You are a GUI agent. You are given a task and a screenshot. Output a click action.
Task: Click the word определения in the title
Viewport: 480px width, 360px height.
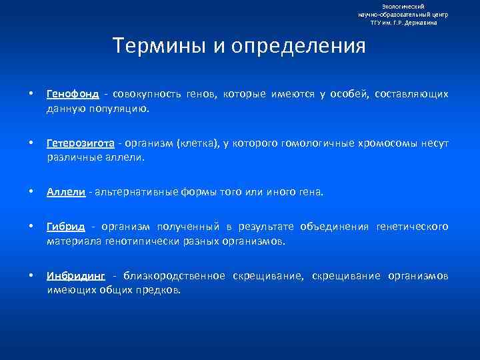tap(293, 47)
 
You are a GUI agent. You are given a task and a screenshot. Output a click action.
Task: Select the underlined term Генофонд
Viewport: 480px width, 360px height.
tap(72, 94)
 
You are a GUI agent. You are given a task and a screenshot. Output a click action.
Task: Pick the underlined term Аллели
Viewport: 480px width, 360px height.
tap(66, 193)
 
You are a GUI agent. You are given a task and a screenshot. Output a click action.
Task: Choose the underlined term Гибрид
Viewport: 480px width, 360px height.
tap(65, 227)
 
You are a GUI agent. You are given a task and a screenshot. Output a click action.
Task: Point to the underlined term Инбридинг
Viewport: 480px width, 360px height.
tap(75, 276)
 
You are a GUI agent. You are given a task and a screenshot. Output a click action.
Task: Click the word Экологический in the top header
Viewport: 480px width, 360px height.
tap(403, 6)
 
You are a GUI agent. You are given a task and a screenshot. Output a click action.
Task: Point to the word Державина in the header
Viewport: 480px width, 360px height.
tap(423, 22)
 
